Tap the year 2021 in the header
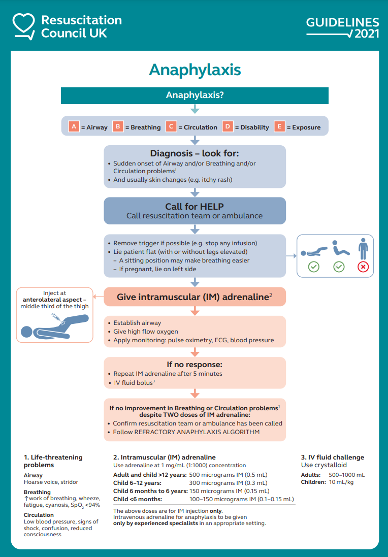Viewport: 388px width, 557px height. [x=367, y=35]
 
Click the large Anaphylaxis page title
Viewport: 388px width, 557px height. [x=195, y=70]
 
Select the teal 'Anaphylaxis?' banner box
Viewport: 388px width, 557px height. [x=195, y=95]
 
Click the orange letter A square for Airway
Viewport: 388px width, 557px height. [x=74, y=126]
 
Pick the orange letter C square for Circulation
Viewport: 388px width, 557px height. [x=171, y=126]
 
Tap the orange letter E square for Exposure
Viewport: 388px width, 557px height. [x=279, y=126]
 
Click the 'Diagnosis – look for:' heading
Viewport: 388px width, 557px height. [x=195, y=153]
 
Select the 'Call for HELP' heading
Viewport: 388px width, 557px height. [x=195, y=206]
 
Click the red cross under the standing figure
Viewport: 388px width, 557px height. [x=363, y=267]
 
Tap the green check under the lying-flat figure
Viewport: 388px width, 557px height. [x=314, y=267]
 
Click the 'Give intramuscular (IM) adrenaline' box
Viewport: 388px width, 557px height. [x=195, y=297]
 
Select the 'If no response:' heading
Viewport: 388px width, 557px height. [x=195, y=364]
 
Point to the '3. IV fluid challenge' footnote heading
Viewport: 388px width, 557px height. [x=333, y=457]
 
